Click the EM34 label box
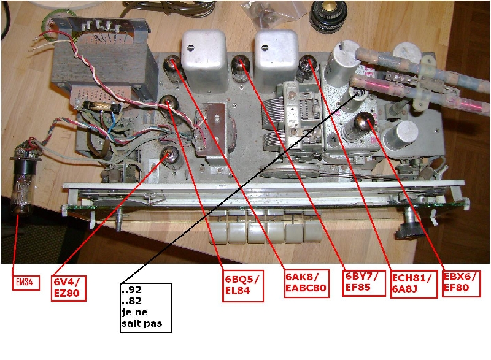click(26, 283)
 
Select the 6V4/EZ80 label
click(68, 288)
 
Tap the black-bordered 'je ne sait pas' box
click(145, 308)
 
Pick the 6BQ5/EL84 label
click(242, 286)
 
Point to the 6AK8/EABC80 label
click(306, 283)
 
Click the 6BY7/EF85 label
click(363, 283)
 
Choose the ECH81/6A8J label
click(413, 283)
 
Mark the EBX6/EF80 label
click(461, 283)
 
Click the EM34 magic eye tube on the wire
click(23, 182)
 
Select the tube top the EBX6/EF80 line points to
click(365, 121)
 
